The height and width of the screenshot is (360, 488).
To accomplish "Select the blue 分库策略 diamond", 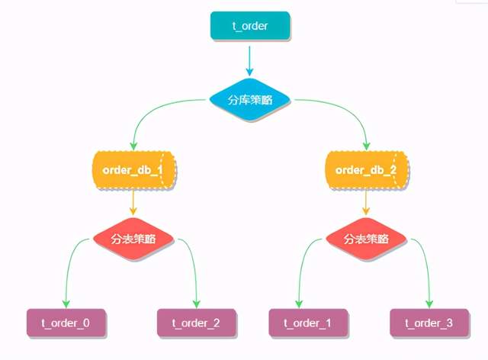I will (249, 100).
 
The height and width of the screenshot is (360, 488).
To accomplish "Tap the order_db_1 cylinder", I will (133, 169).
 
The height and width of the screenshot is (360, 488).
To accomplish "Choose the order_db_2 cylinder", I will (366, 169).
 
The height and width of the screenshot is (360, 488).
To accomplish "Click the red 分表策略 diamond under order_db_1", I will (133, 238).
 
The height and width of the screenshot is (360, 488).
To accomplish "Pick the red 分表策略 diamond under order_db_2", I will (366, 238).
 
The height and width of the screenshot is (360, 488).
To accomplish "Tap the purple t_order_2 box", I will (196, 323).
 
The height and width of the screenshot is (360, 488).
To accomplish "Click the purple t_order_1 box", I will (308, 323).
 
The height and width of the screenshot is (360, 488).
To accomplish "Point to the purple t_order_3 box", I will (429, 323).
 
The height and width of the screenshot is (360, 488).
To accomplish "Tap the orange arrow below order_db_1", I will (133, 202).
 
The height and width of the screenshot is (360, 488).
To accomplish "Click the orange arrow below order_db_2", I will (366, 202).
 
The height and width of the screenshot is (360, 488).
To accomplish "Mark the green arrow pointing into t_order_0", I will (68, 267).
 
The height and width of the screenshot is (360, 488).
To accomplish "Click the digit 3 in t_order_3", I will (449, 323).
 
